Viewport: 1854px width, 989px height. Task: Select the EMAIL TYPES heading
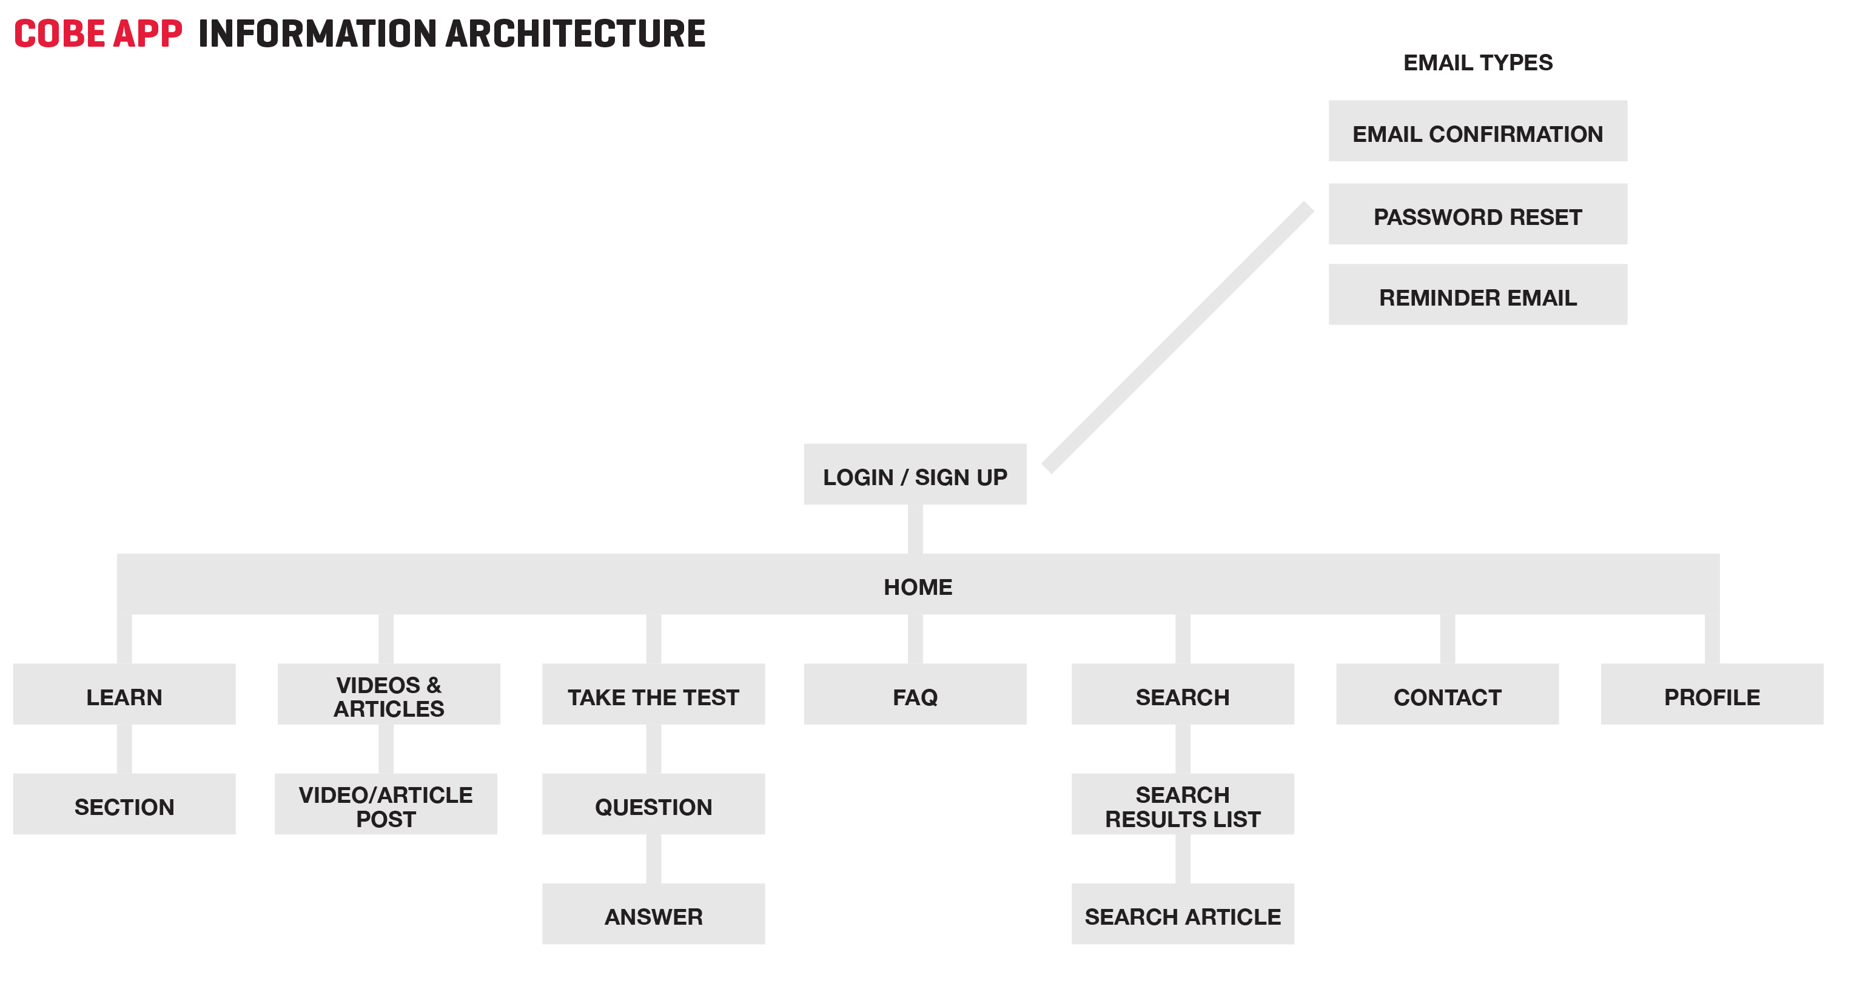coord(1477,62)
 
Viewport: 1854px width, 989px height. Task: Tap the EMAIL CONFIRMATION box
coord(1477,131)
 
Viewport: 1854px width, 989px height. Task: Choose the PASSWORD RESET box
coord(1477,214)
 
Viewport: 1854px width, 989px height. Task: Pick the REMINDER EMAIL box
coord(1477,295)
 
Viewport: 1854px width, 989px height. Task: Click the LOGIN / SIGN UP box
coord(915,474)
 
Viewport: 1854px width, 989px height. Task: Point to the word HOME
coord(918,588)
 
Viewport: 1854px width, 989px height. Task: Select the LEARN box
coord(124,694)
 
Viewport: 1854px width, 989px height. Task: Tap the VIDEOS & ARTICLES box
coord(389,694)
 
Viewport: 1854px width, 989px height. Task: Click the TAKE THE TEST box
coord(654,694)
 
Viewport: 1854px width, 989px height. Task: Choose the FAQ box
coord(915,694)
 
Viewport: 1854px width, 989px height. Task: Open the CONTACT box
coord(1448,694)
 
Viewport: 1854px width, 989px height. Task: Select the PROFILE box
coord(1712,694)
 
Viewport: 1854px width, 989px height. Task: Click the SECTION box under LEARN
coord(124,804)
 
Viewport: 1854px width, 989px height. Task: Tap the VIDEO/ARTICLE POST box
coord(386,804)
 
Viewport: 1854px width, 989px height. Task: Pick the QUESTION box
coord(654,804)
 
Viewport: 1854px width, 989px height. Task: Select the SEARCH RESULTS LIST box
coord(1183,804)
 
